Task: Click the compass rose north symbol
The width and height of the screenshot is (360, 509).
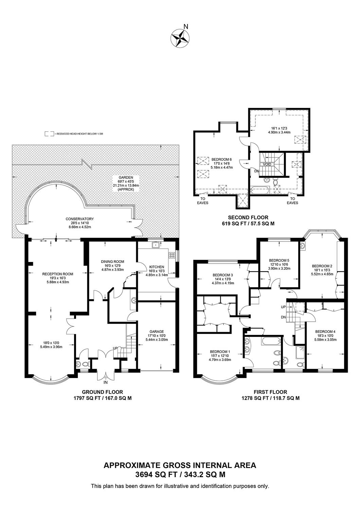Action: click(180, 38)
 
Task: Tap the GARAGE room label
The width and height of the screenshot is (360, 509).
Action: click(157, 332)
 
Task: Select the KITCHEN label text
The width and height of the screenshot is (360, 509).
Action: click(157, 267)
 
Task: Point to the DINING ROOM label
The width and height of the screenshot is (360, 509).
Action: click(112, 262)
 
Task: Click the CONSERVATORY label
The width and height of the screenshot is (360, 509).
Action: click(79, 219)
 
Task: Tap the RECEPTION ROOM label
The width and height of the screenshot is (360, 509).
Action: click(58, 274)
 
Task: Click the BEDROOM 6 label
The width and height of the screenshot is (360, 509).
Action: click(221, 159)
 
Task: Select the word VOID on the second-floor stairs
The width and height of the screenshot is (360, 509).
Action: click(267, 164)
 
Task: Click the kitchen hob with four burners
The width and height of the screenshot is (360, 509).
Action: click(172, 255)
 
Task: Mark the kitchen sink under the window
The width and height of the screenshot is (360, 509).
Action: click(156, 245)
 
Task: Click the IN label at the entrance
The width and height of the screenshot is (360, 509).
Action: click(106, 382)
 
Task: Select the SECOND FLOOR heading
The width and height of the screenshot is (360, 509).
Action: click(248, 217)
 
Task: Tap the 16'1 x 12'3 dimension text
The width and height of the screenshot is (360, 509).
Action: click(279, 128)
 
